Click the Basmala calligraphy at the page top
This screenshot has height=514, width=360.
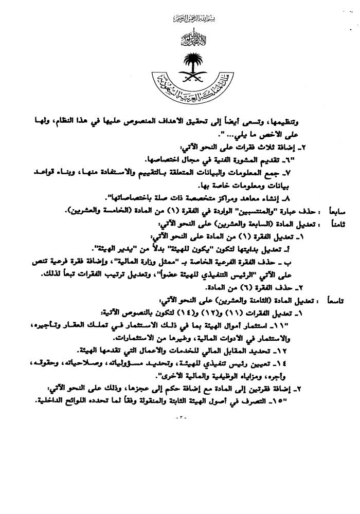pyautogui.click(x=179, y=19)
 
